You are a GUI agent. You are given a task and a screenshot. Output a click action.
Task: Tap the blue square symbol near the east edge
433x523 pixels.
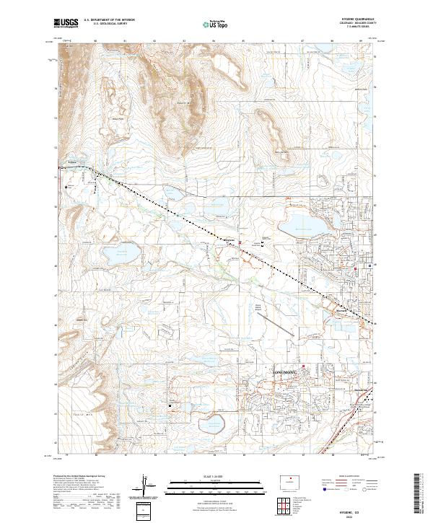(x=370, y=265)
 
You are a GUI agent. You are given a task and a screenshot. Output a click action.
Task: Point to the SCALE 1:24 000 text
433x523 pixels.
(x=217, y=474)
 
